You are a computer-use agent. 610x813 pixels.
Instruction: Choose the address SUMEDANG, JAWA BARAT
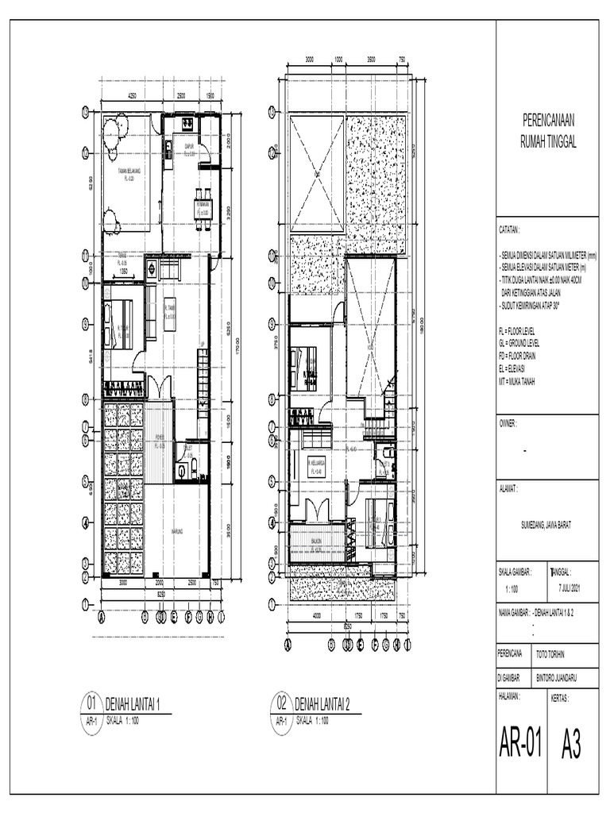point(546,524)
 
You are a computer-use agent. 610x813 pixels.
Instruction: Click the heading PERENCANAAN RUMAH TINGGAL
point(547,130)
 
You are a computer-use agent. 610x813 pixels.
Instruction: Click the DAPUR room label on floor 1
point(190,148)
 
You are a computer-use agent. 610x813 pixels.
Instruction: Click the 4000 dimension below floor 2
point(317,615)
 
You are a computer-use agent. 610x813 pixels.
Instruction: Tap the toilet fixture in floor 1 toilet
point(183,471)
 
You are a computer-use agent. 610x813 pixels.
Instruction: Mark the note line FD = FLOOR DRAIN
point(518,356)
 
